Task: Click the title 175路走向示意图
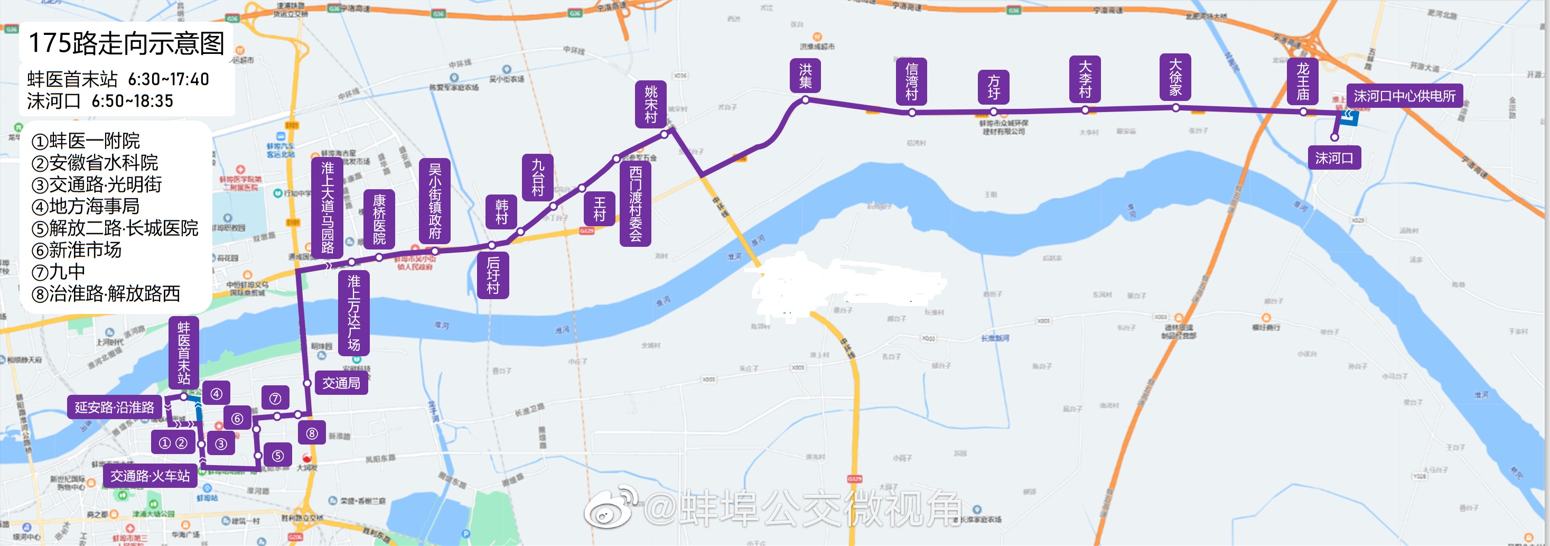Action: pyautogui.click(x=126, y=43)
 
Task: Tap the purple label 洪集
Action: pyautogui.click(x=805, y=76)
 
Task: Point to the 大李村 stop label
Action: pyautogui.click(x=1085, y=79)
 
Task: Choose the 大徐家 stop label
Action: pyautogui.click(x=1175, y=78)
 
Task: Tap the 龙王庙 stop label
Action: pyautogui.click(x=1303, y=82)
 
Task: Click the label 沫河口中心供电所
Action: pyautogui.click(x=1404, y=96)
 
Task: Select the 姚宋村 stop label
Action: pyautogui.click(x=651, y=104)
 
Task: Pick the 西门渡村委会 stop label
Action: pyautogui.click(x=636, y=203)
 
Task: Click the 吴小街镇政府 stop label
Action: pyautogui.click(x=434, y=201)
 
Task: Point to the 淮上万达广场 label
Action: pyautogui.click(x=354, y=312)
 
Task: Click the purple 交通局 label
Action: pyautogui.click(x=341, y=383)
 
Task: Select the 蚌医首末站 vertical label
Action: pyautogui.click(x=183, y=353)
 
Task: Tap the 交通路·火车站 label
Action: pyautogui.click(x=150, y=476)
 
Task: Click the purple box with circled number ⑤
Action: pyautogui.click(x=277, y=456)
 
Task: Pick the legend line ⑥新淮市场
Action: pyautogui.click(x=77, y=250)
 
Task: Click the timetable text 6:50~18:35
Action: pyautogui.click(x=133, y=101)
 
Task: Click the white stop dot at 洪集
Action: pyautogui.click(x=805, y=100)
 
